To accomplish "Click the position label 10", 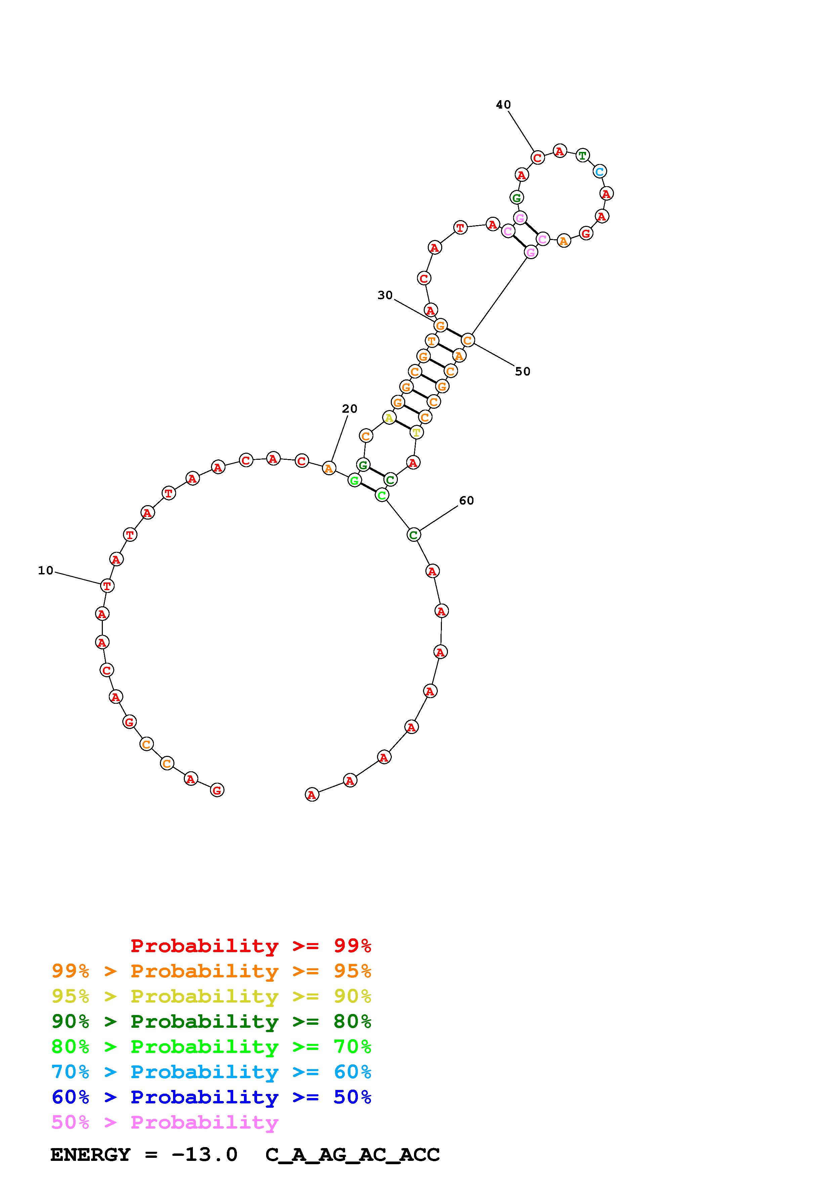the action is click(46, 570).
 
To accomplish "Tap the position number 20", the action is click(349, 409).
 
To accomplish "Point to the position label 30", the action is click(385, 295).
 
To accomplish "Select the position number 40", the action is click(503, 105).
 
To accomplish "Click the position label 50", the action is click(523, 371).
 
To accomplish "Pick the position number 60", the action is click(466, 501).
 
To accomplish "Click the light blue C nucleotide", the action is click(599, 171).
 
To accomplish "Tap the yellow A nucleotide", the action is click(389, 418).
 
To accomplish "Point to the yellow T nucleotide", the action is click(416, 433).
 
